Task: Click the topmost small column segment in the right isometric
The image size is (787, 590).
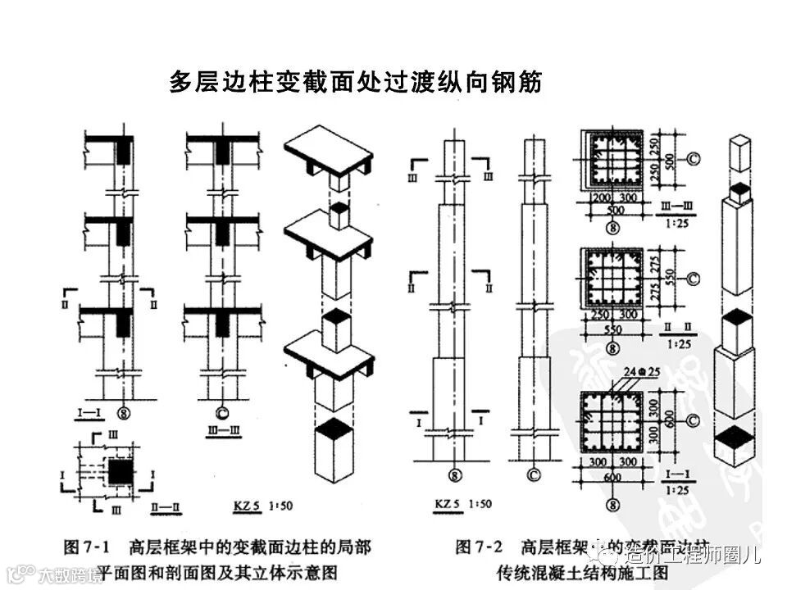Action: pyautogui.click(x=740, y=152)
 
